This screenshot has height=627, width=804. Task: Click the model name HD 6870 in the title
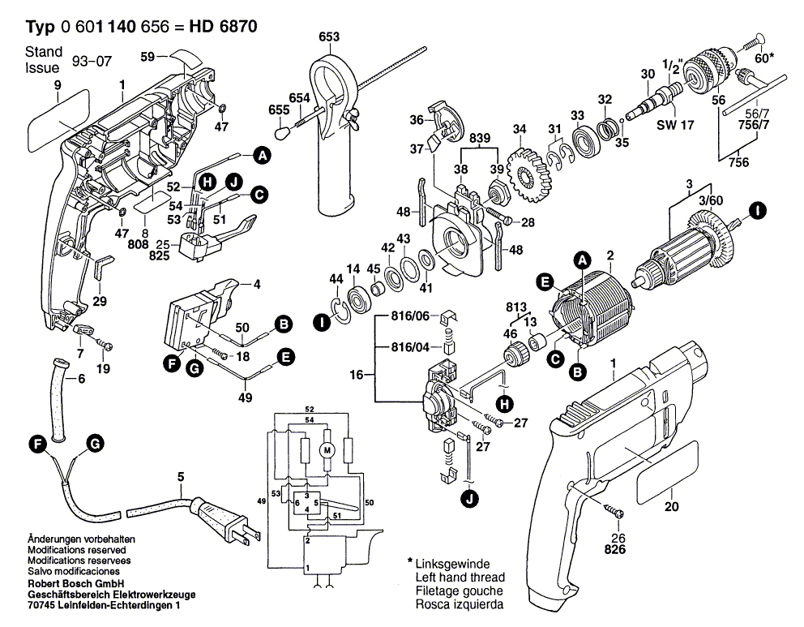223,26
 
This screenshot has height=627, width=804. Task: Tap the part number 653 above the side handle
329,37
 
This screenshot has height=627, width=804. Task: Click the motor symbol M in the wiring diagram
327,450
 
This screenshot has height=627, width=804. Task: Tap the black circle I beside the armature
757,211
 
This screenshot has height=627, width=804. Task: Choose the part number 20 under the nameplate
671,506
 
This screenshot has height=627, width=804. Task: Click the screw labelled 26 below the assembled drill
614,511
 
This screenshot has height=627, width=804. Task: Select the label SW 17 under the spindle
675,125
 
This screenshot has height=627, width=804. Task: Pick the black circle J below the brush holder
470,499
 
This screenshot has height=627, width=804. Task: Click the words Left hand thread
460,578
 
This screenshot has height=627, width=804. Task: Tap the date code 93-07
92,61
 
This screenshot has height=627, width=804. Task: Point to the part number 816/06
410,316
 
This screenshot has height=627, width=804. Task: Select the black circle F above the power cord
38,444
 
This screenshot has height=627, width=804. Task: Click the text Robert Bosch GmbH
76,583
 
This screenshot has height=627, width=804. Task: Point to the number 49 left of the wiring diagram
262,500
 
